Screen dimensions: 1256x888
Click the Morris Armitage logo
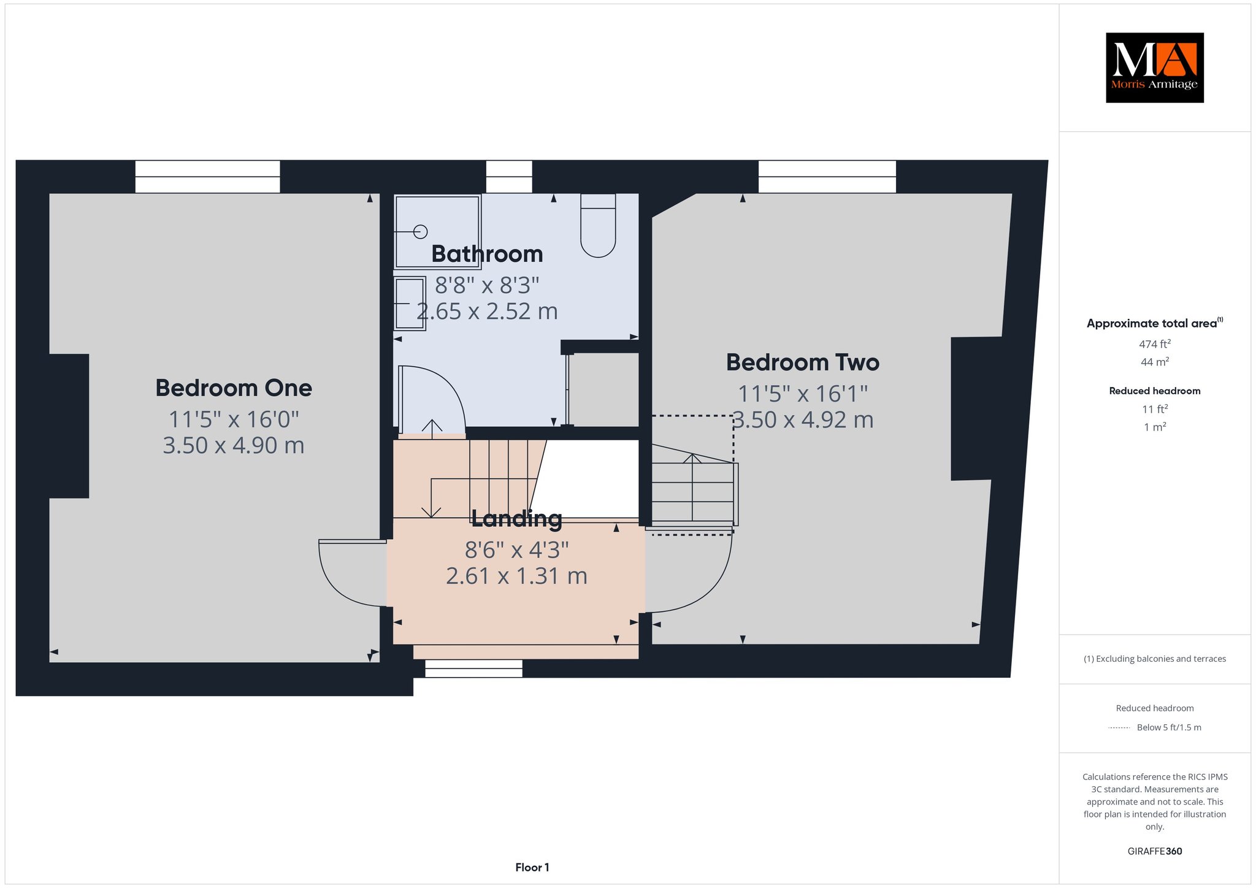[x=1154, y=67]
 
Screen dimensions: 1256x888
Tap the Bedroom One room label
[x=234, y=388]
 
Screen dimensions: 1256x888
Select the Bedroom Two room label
[x=803, y=362]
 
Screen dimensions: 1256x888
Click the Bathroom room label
[x=487, y=254]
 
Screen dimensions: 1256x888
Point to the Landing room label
[x=516, y=519]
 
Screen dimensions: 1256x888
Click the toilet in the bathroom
[x=598, y=225]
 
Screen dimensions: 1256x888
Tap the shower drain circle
[x=420, y=231]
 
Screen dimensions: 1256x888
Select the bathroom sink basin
[x=410, y=304]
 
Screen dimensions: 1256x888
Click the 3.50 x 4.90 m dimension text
[x=234, y=445]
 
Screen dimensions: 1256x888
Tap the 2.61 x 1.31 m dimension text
[x=516, y=576]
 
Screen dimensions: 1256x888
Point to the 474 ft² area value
[x=1154, y=344]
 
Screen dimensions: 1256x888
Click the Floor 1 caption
[x=532, y=867]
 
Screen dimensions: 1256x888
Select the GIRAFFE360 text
[x=1154, y=851]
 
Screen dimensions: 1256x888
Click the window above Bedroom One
[x=207, y=177]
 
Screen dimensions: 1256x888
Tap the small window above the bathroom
[x=509, y=177]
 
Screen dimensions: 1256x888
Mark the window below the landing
[x=473, y=668]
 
